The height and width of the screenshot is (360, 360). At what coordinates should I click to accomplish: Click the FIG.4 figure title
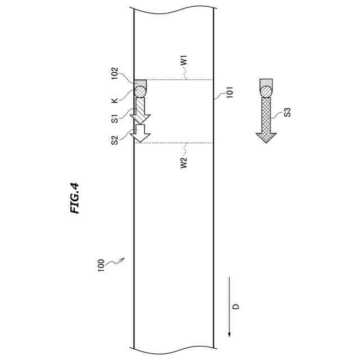(x=75, y=198)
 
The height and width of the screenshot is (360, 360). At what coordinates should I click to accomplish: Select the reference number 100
(x=101, y=265)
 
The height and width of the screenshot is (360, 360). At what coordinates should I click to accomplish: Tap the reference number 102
(x=114, y=73)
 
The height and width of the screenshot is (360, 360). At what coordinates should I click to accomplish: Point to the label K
(x=115, y=101)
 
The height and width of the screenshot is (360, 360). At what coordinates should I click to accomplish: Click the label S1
(x=115, y=119)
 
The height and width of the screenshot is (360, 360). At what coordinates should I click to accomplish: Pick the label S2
(x=115, y=140)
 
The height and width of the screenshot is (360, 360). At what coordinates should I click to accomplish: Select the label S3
(x=287, y=112)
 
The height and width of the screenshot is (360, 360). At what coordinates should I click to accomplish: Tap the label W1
(x=184, y=61)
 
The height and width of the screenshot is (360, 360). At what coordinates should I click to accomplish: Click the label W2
(x=184, y=163)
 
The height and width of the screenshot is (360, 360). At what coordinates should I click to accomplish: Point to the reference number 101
(x=230, y=92)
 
